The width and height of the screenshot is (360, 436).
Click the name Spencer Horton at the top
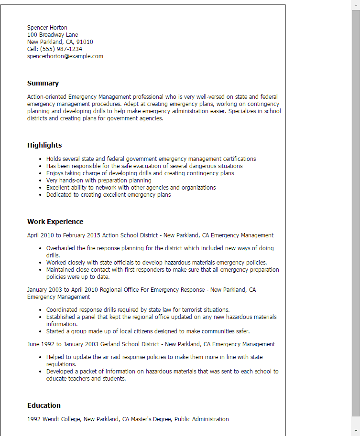tap(47, 28)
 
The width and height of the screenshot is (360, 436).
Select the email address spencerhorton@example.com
tap(65, 56)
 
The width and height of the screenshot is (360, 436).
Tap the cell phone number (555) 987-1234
tap(61, 49)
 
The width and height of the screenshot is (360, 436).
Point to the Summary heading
tap(43, 83)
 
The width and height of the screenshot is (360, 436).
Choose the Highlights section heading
tap(44, 145)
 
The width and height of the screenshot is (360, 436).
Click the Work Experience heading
tap(55, 222)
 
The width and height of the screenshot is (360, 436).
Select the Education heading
tap(44, 405)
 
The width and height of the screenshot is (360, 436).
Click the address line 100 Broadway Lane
tap(53, 35)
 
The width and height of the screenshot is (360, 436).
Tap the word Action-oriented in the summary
tap(47, 97)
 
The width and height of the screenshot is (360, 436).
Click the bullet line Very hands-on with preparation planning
tap(98, 181)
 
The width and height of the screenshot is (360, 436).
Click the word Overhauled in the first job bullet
tap(61, 248)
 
